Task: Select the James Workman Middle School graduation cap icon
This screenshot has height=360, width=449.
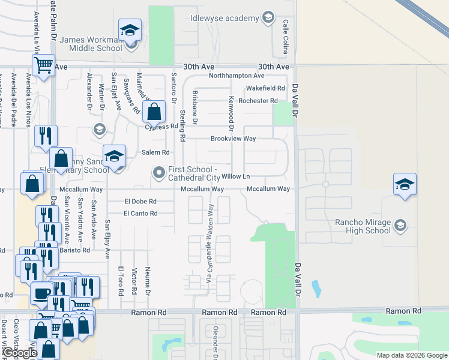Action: [x=130, y=31]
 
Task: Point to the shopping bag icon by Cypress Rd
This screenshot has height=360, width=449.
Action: [x=154, y=111]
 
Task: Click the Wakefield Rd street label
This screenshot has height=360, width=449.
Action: [x=265, y=88]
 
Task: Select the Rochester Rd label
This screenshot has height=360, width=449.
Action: [x=258, y=101]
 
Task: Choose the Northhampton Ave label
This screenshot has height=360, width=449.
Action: [x=237, y=76]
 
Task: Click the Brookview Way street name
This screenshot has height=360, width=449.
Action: [x=233, y=139]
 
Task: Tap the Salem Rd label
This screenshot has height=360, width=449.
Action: [x=155, y=152]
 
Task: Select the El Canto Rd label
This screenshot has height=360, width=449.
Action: [x=140, y=213]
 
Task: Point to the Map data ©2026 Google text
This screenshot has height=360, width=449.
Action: [x=411, y=355]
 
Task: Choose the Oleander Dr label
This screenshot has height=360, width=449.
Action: [x=214, y=342]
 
